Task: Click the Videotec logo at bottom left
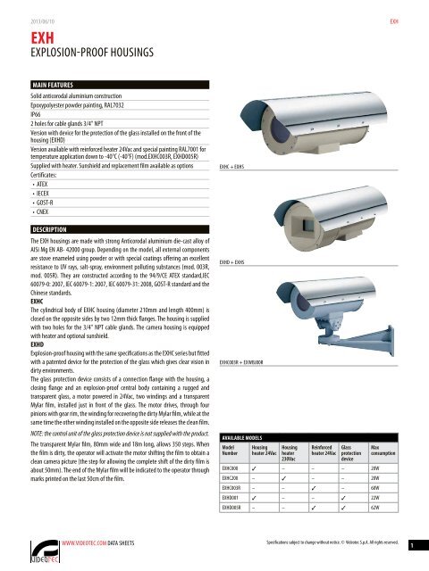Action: coord(39,546)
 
